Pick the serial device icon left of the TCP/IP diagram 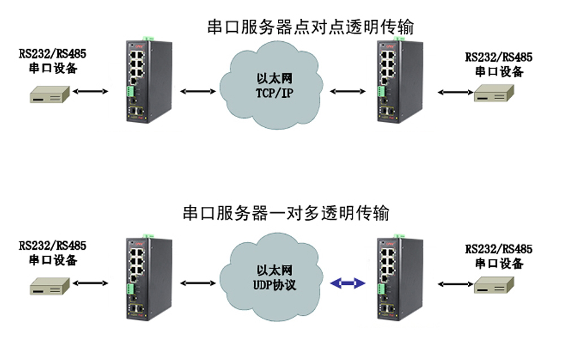point(50,94)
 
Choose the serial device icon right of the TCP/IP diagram point(494,93)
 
